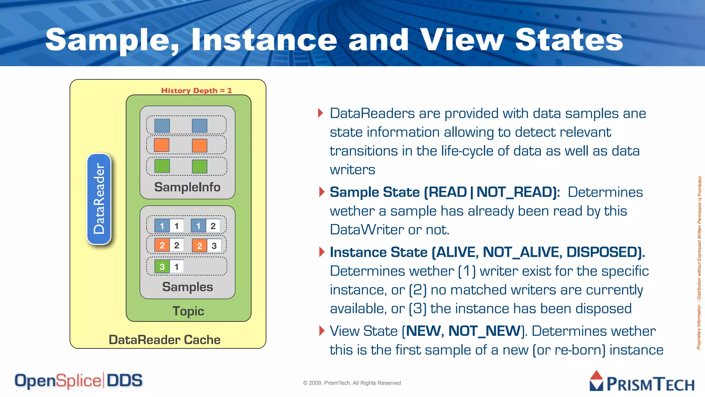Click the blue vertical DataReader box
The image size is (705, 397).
coord(99,199)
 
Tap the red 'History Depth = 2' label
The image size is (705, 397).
coord(196,91)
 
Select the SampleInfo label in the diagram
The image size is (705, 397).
coord(187,187)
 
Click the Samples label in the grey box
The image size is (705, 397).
coord(188,287)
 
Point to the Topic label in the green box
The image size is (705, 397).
coord(188,311)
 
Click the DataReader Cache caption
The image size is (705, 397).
coord(165,340)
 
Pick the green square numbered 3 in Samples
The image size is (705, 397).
coord(162,267)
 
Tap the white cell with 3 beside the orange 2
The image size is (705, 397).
coord(214,246)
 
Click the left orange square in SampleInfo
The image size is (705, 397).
coord(162,145)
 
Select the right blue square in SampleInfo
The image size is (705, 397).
coord(200,126)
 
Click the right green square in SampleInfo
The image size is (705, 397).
coord(200,166)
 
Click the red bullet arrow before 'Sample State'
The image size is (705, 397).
coord(322,192)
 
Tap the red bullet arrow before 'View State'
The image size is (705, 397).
coord(322,331)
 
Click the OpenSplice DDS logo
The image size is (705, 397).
coord(78,381)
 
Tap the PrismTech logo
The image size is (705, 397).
coord(642,382)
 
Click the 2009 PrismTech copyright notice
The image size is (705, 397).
coord(352,383)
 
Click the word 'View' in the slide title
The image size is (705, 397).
coord(462,40)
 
